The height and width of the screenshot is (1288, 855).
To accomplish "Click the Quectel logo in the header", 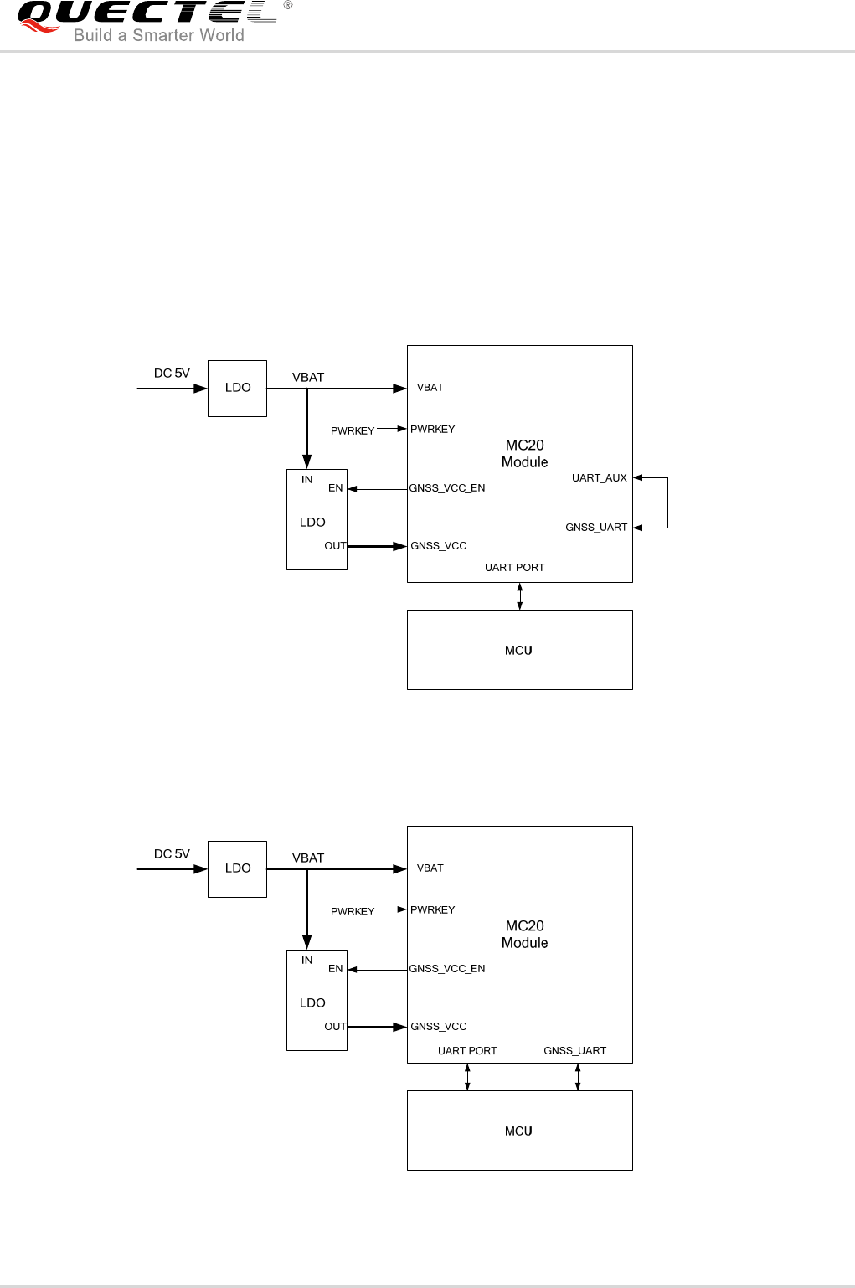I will (x=147, y=14).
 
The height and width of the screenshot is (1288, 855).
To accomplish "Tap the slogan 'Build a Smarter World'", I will (x=159, y=35).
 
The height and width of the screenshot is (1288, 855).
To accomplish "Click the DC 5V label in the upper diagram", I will (x=172, y=374).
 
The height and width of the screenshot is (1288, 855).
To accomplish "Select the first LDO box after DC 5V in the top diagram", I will (x=237, y=388).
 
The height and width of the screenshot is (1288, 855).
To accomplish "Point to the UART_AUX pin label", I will (x=599, y=478).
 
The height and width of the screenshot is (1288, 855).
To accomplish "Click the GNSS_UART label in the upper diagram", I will (x=595, y=528).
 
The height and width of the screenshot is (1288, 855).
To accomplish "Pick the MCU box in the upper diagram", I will (x=519, y=650).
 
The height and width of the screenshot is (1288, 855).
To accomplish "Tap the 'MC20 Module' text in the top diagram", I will (x=524, y=454).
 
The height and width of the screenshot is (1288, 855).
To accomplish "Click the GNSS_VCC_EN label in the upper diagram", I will (x=447, y=488).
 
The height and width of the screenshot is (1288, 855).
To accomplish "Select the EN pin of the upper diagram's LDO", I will (x=335, y=488).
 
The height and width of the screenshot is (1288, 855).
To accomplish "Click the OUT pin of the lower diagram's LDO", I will (x=335, y=1027).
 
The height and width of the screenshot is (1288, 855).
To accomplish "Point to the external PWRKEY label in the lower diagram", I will (x=352, y=912).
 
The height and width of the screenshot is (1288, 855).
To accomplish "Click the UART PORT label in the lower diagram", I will (x=467, y=1051).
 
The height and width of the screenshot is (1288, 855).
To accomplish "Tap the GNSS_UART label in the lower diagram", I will (x=574, y=1051).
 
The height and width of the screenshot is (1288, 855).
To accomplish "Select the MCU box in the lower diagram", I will (x=519, y=1131).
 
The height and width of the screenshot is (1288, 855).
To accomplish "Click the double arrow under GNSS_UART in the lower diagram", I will (x=578, y=1077).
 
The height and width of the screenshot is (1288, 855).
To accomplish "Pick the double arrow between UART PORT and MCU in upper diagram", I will (x=520, y=596).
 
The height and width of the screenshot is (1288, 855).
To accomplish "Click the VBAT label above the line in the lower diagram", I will (x=307, y=858).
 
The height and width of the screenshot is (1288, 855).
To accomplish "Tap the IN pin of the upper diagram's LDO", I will (x=306, y=480).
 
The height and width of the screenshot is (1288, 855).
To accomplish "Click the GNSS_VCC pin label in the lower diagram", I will (x=438, y=1027).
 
